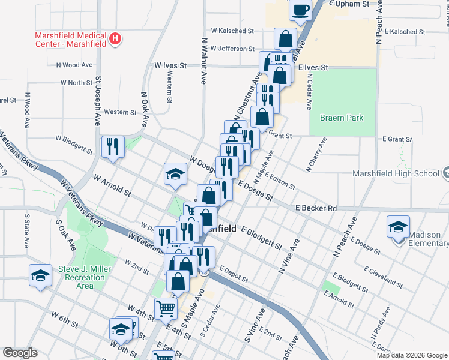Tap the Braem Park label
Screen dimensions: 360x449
pyautogui.click(x=342, y=118)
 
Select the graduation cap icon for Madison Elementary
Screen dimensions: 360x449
pyautogui.click(x=398, y=227)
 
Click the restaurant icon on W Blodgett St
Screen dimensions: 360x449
pyautogui.click(x=113, y=146)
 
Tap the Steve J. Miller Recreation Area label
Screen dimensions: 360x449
pyautogui.click(x=85, y=277)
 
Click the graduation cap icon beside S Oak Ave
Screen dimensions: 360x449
pyautogui.click(x=40, y=275)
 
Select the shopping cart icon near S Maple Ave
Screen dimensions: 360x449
pyautogui.click(x=166, y=308)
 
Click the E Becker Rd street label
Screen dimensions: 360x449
pyautogui.click(x=316, y=208)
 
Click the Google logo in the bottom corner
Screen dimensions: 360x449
pyautogui.click(x=20, y=353)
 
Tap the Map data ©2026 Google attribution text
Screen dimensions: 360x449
pyautogui.click(x=412, y=355)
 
